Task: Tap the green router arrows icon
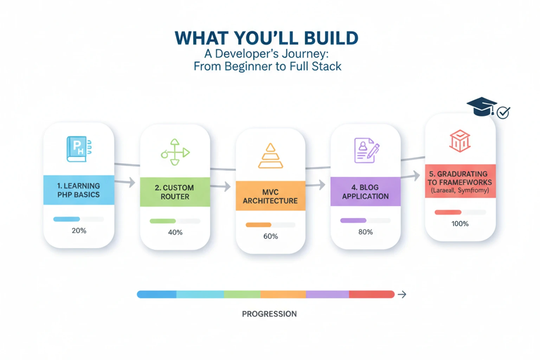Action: [x=175, y=152]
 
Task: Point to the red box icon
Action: [x=460, y=141]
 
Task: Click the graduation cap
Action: [x=481, y=106]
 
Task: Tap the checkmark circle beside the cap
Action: [x=503, y=113]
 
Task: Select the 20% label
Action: [x=79, y=231]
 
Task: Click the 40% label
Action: [x=175, y=232]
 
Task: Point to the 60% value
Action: [x=270, y=236]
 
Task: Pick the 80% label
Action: [x=365, y=232]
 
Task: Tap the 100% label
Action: [x=460, y=224]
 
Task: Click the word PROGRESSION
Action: [x=269, y=314]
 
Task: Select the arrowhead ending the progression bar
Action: [x=402, y=295]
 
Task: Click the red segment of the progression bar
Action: [x=371, y=294]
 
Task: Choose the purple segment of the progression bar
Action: [x=327, y=294]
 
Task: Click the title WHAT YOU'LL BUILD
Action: [x=266, y=38]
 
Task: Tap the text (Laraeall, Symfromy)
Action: [x=460, y=191]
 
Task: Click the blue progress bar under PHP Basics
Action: [x=67, y=219]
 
